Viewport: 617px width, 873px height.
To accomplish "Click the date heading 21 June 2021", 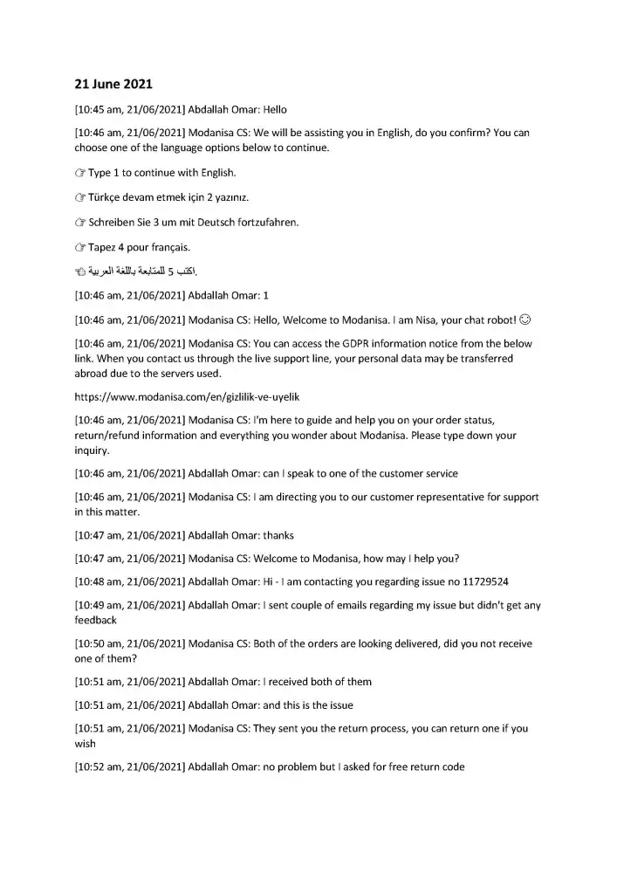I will coord(113,85).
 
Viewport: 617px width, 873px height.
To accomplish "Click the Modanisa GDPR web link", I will coord(187,396).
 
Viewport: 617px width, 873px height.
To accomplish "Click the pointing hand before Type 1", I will coord(79,173).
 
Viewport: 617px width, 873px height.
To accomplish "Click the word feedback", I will coord(96,620).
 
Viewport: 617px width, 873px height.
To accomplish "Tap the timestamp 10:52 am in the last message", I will coord(100,767).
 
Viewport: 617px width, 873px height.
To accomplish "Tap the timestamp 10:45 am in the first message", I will coord(100,110).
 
